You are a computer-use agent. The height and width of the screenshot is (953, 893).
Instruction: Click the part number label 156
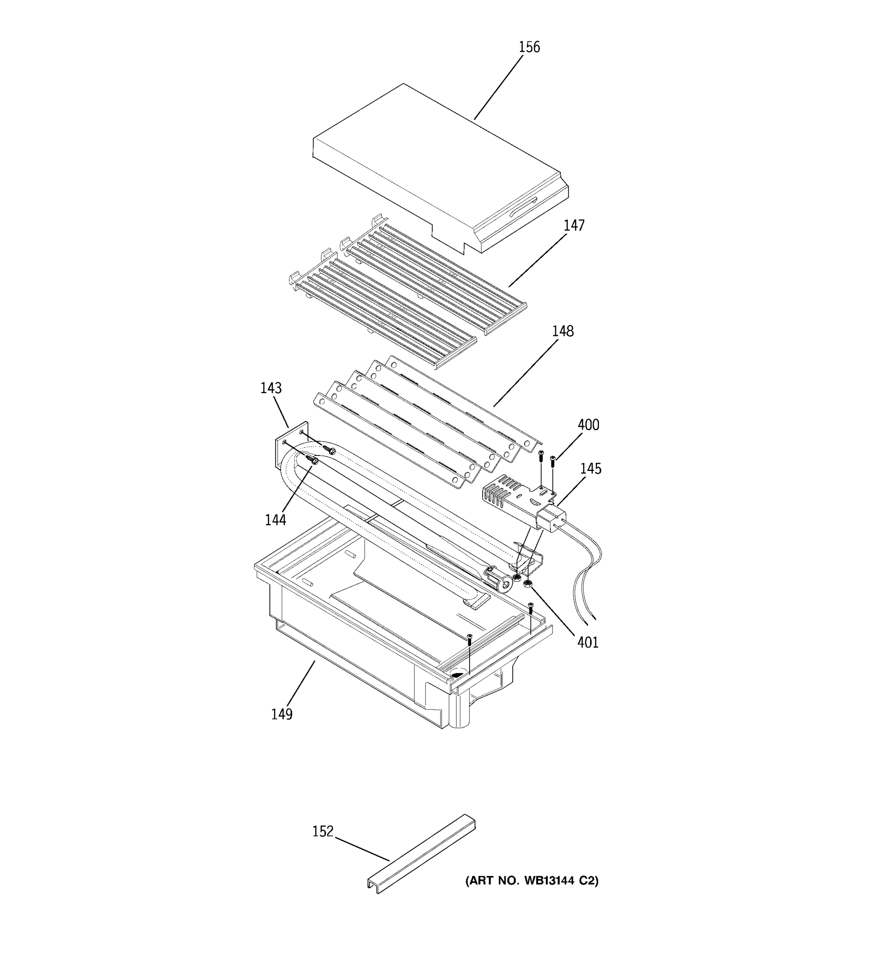(529, 48)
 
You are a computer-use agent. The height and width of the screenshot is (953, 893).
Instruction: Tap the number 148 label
(562, 331)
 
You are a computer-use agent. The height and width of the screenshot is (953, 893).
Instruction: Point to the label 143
(271, 388)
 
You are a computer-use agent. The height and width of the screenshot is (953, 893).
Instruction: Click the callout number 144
(275, 520)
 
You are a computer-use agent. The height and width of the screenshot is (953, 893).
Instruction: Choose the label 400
(588, 425)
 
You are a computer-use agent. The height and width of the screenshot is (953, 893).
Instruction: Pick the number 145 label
(591, 469)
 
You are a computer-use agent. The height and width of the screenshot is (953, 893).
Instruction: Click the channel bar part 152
(421, 854)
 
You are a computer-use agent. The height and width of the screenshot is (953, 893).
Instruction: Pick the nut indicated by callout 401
(528, 584)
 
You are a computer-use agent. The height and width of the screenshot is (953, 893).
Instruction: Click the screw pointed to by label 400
(553, 461)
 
